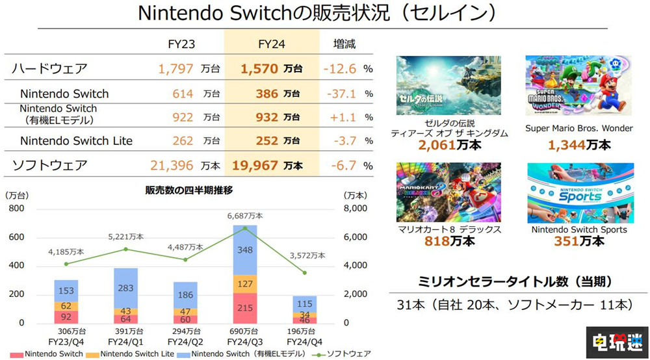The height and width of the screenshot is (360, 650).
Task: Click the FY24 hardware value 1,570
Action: pos(259,68)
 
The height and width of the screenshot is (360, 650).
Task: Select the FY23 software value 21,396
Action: pos(173,166)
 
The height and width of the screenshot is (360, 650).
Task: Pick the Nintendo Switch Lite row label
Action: pos(76,140)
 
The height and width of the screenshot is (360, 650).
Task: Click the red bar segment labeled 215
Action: pos(245,307)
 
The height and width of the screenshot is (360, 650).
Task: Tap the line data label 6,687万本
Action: pos(245,216)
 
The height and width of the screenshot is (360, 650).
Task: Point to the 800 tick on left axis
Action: pos(15,209)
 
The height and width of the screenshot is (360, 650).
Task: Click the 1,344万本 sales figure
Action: pos(578,144)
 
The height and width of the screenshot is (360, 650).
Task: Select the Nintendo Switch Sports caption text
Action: pos(578,229)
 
